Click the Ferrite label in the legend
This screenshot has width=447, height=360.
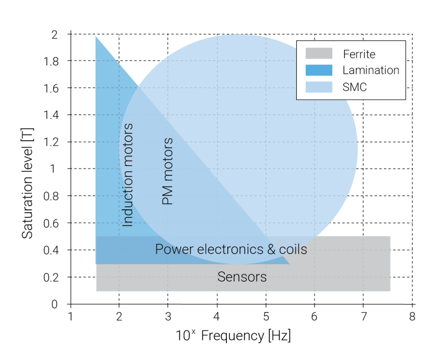[359, 54]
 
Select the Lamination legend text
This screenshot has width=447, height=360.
[370, 70]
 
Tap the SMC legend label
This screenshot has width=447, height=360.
[354, 87]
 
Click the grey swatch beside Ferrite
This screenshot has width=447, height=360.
[318, 54]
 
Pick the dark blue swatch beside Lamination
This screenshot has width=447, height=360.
[318, 70]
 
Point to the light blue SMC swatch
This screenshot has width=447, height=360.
[318, 87]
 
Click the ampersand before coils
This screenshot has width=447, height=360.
[272, 249]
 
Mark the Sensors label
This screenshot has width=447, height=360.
[242, 277]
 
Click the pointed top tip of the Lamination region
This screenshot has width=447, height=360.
[97, 37]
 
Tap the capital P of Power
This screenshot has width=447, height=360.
[159, 249]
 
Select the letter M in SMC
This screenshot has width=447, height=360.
[355, 87]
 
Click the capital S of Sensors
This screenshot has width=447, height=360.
[221, 277]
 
